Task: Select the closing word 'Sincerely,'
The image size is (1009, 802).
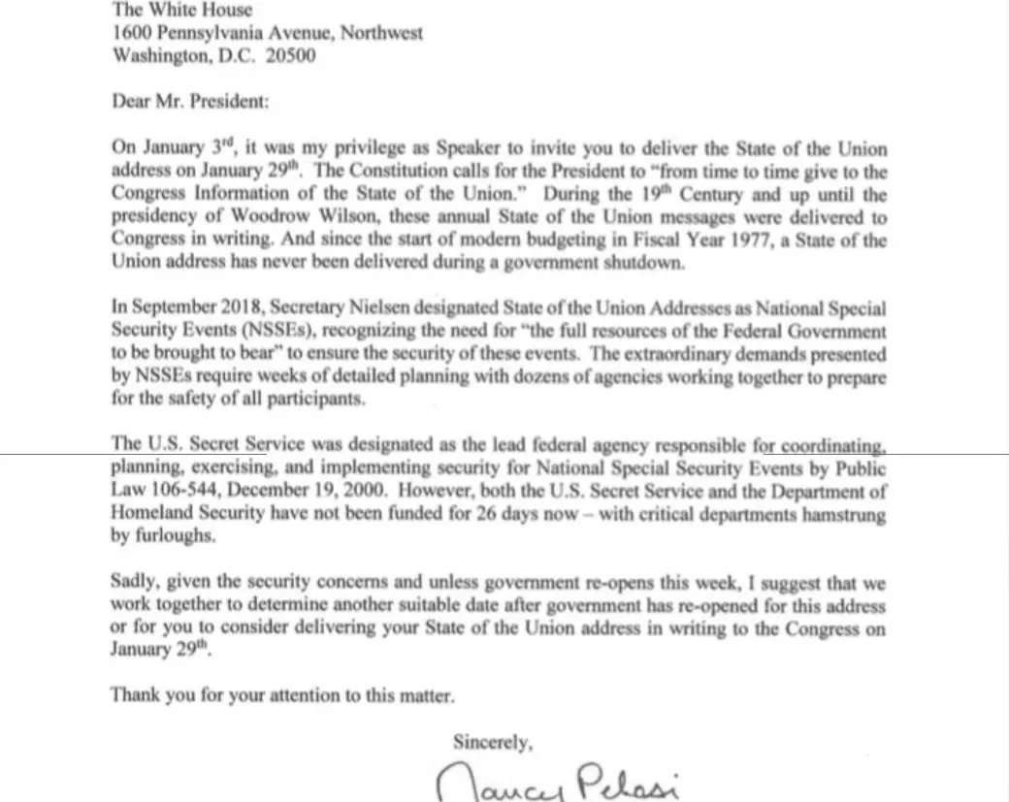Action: click(x=493, y=743)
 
